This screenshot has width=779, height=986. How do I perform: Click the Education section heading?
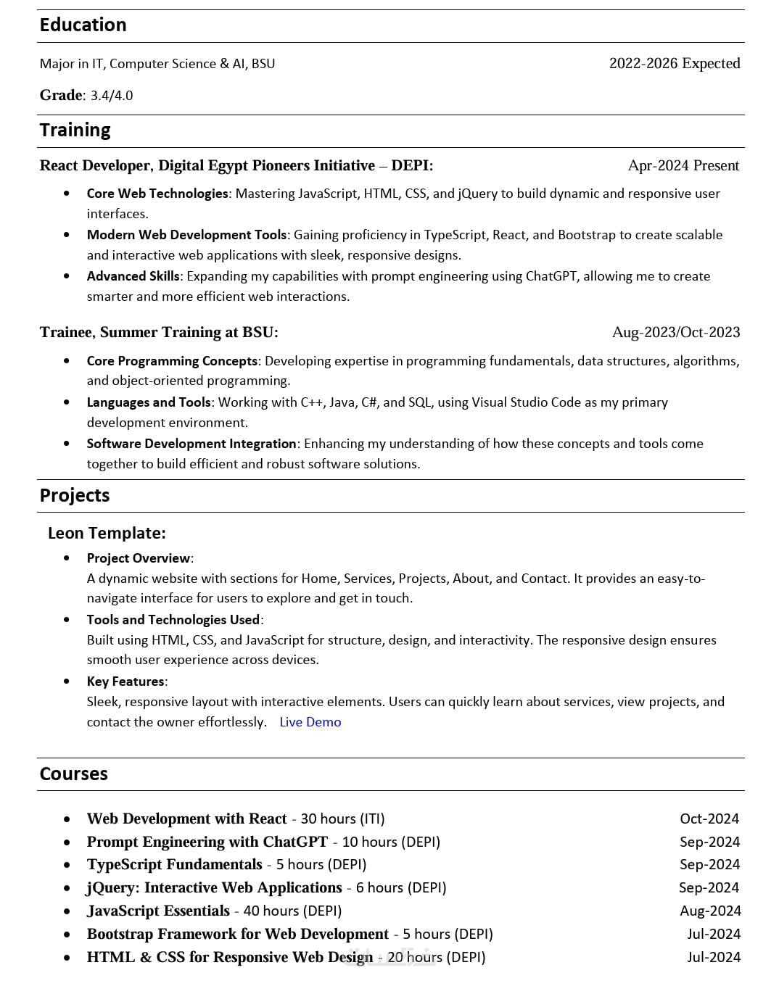point(83,25)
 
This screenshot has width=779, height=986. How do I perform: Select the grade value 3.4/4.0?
point(112,96)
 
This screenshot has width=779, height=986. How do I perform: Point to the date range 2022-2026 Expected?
point(674,63)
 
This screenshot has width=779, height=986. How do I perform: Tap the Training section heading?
point(75,130)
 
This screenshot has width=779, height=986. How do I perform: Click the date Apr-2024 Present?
point(683,165)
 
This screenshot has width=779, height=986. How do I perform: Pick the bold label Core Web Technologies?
point(157,194)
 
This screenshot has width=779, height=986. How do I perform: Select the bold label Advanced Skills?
point(133,276)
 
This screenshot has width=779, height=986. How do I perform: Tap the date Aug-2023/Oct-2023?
point(675,332)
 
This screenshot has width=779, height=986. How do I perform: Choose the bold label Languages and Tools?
point(149,402)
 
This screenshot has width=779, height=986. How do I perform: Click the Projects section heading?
point(75,495)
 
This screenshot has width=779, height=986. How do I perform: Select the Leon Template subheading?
point(107,533)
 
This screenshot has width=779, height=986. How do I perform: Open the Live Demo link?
point(310,722)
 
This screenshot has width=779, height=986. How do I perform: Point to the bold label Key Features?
point(125,681)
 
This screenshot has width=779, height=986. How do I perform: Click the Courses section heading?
point(73,774)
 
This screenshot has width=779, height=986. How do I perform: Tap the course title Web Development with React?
point(186,819)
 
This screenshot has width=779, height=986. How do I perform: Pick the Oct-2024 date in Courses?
point(709,819)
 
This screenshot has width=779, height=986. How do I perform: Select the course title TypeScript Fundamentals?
point(174,864)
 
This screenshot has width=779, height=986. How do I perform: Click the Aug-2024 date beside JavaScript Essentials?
point(709,911)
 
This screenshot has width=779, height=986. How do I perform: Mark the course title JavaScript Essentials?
point(158,911)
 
